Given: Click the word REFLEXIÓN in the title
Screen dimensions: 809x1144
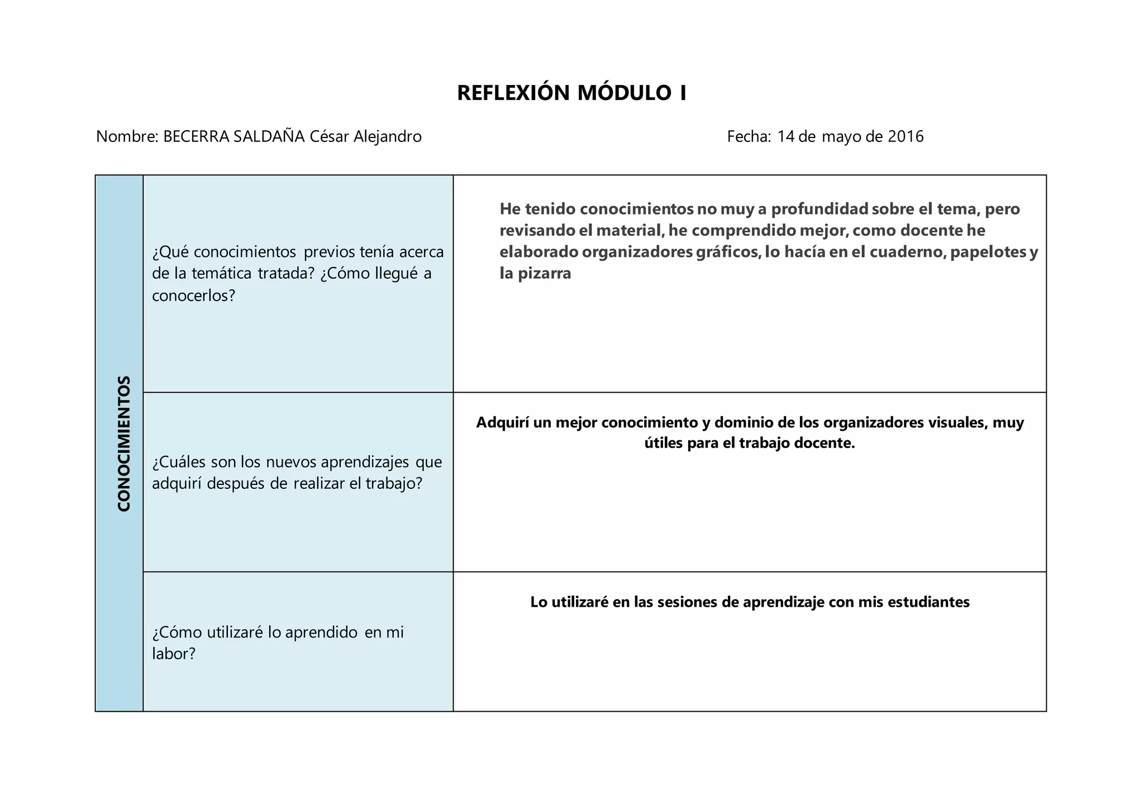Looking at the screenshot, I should [x=513, y=93].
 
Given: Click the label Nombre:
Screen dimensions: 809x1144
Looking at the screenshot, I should [x=127, y=136].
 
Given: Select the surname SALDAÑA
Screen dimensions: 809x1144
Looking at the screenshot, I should [x=269, y=136].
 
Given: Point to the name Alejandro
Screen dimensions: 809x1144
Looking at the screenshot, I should [x=388, y=136].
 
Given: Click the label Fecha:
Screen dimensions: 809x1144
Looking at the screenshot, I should [x=749, y=136].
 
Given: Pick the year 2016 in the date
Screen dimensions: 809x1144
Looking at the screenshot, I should [x=905, y=136].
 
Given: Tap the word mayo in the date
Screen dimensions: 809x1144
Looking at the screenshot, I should [x=841, y=136].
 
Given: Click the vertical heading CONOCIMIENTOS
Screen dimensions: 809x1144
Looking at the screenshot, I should [x=124, y=443].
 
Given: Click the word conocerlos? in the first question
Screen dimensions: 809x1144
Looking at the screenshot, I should [x=194, y=296].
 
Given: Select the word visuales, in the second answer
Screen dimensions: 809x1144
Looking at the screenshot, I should [x=957, y=422].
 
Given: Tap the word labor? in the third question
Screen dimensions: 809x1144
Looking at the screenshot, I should [x=174, y=653].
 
